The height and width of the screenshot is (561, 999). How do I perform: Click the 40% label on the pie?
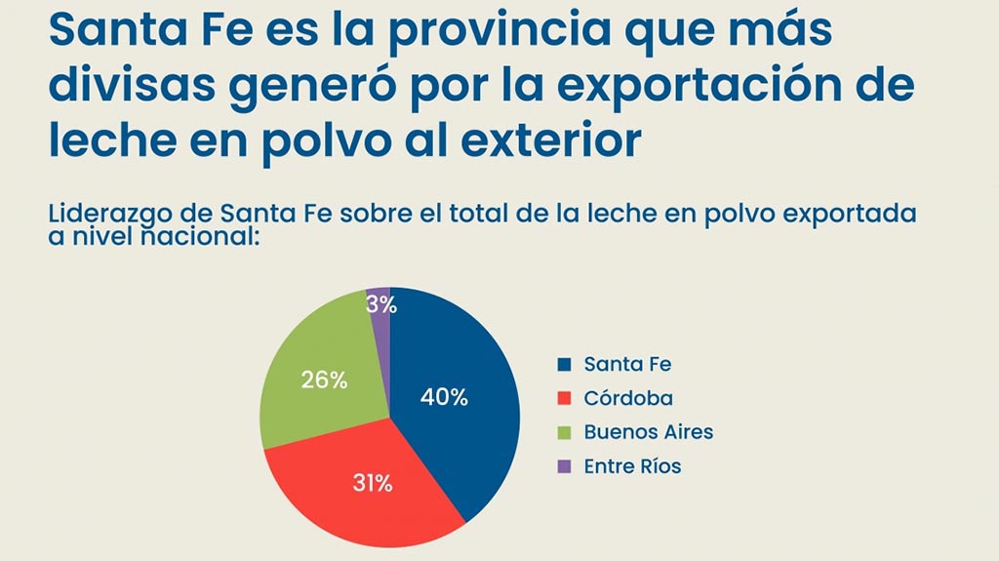click(x=444, y=397)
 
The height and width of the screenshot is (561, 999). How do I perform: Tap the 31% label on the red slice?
click(x=372, y=482)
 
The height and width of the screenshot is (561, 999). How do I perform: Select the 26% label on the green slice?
click(x=325, y=381)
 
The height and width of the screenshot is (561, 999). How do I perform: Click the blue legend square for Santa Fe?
click(x=563, y=365)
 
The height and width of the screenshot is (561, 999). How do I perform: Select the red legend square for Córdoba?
click(x=563, y=399)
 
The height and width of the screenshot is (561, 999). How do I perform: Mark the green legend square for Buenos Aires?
click(x=563, y=432)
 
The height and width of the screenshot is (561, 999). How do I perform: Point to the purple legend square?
click(x=563, y=466)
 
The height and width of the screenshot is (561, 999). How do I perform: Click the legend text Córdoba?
click(x=628, y=399)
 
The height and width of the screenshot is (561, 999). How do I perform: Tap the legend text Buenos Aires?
click(x=649, y=432)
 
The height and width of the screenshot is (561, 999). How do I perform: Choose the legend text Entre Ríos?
click(x=632, y=466)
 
